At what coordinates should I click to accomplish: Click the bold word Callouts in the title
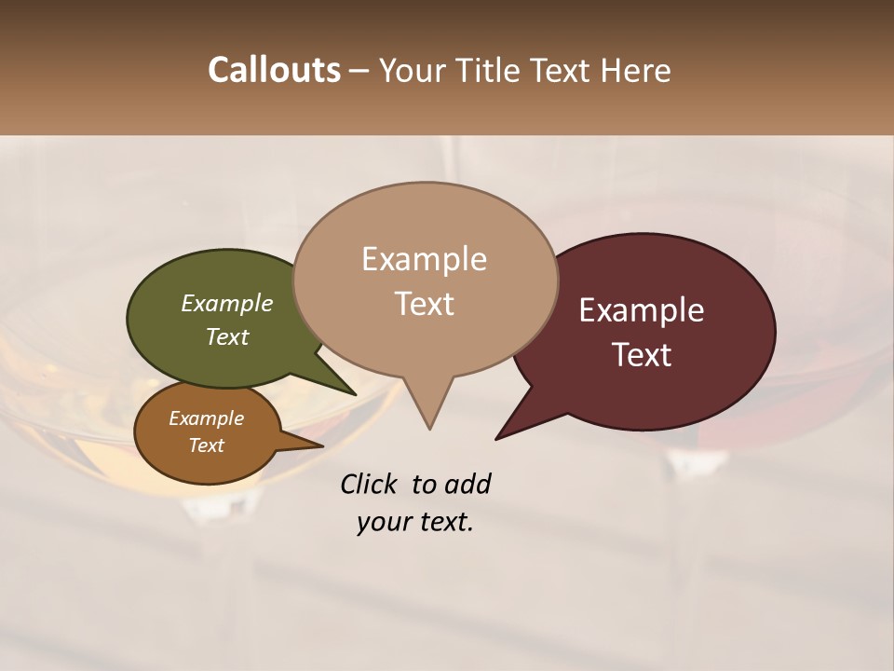click(274, 70)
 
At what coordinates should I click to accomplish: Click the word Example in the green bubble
click(227, 303)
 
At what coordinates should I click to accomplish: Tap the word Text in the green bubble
click(227, 336)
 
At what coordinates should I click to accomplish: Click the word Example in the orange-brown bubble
click(207, 418)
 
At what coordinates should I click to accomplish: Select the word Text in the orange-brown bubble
click(207, 445)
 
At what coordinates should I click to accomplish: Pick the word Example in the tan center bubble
click(424, 259)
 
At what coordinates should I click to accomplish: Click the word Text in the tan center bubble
click(424, 304)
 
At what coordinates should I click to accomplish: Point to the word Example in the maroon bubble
click(642, 310)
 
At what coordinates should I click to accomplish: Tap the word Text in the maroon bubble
click(642, 355)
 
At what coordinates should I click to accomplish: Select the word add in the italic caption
click(467, 484)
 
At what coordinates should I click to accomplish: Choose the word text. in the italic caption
click(445, 522)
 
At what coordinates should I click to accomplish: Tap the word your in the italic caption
click(384, 522)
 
